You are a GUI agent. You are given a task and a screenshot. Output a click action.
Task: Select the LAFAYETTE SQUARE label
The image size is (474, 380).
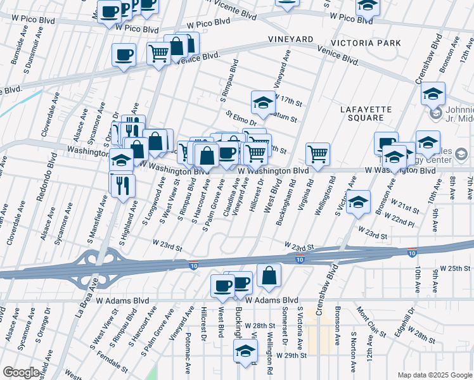coord(371,113)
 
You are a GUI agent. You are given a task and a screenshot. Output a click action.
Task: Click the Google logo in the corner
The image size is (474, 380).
coord(21,372)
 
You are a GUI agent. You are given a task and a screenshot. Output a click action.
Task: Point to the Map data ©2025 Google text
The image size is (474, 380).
coord(434,375)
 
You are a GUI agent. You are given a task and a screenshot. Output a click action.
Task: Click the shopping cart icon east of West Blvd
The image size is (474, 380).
coord(317,153)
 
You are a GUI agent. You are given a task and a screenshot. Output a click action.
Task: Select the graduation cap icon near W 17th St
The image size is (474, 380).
coord(263,101)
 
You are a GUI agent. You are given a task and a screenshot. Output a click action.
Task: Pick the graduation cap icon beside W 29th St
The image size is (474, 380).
coord(245,350)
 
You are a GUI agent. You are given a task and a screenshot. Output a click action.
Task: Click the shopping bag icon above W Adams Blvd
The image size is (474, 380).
coord(269,275)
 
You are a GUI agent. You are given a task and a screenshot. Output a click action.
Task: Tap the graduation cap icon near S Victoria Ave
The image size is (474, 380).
coord(358,201)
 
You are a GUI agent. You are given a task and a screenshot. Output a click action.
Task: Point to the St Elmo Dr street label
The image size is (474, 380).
coord(241,118)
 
